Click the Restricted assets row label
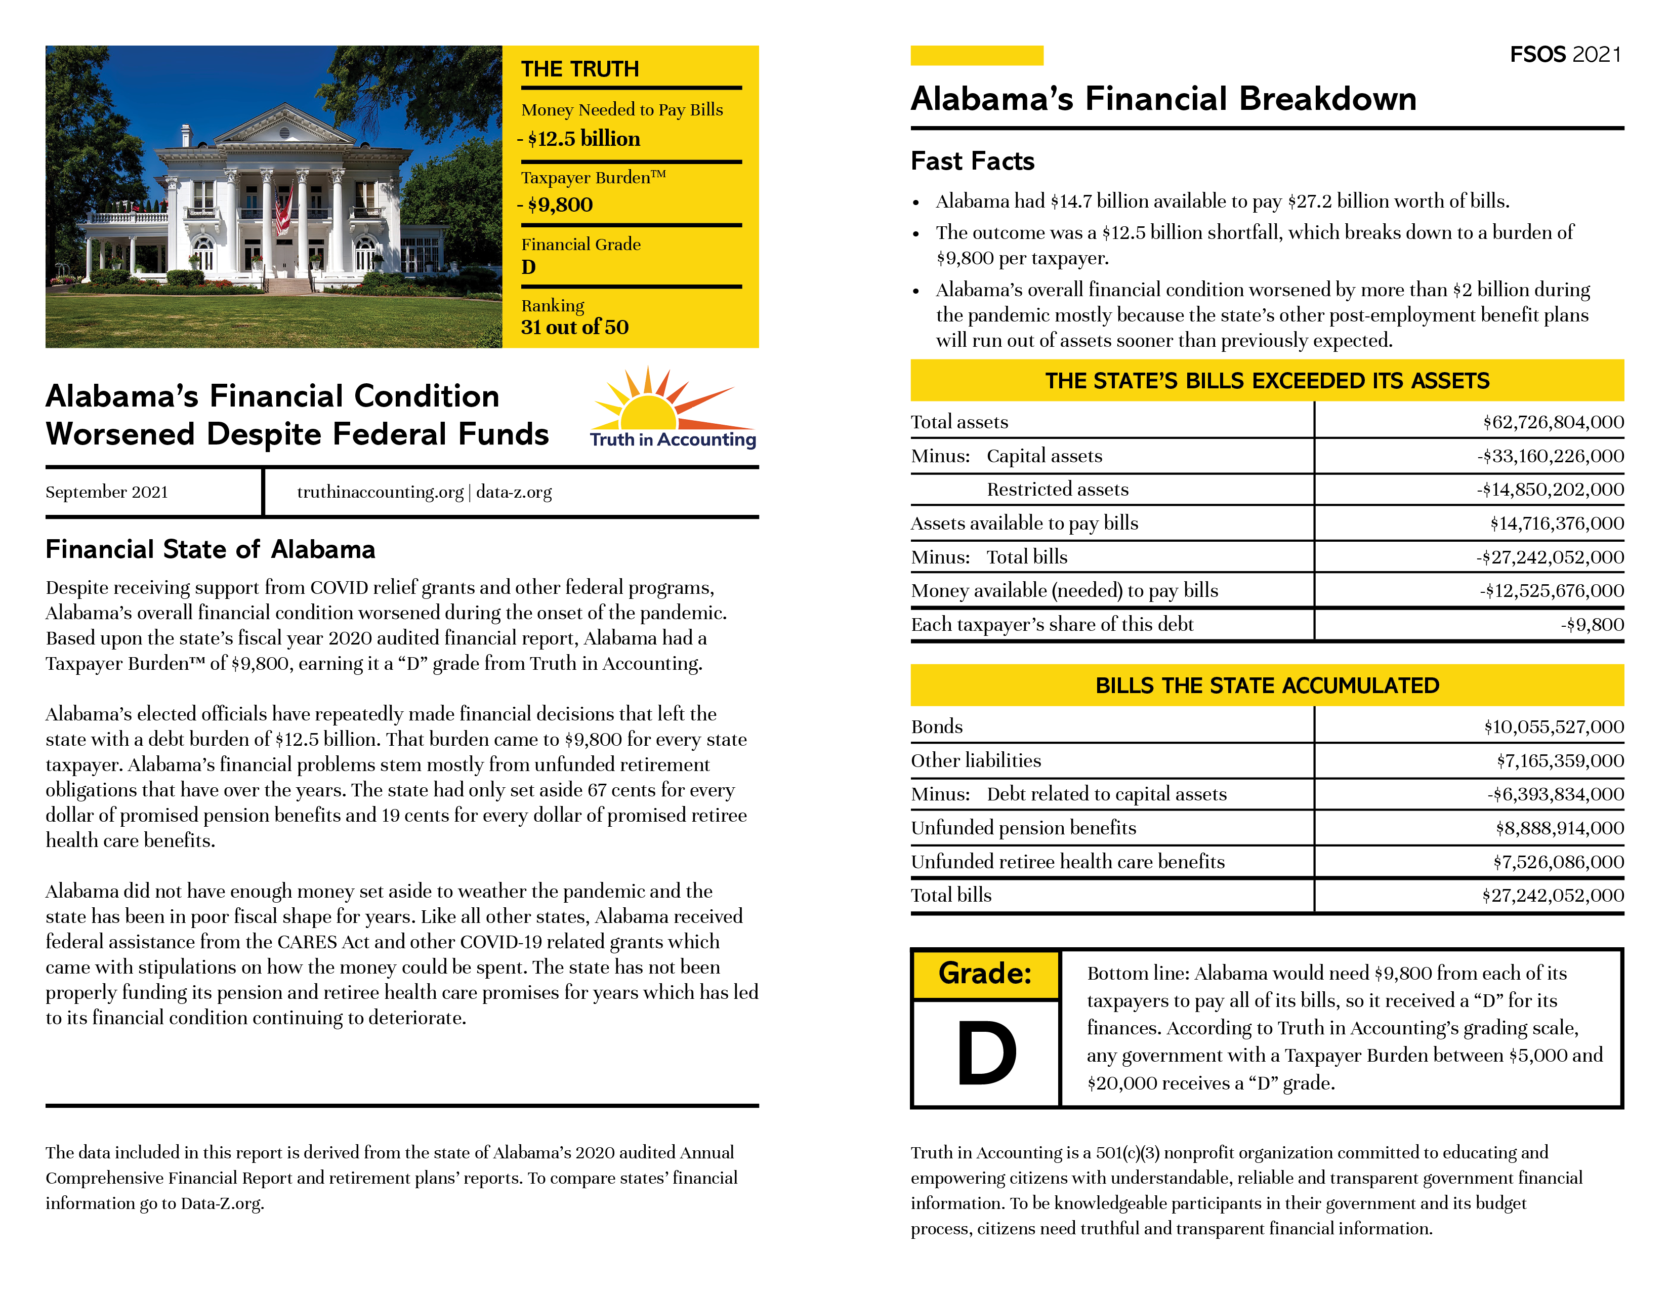tap(1058, 490)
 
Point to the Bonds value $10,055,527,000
tap(1554, 727)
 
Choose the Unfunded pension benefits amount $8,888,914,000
tap(1559, 828)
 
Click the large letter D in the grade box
tap(986, 1054)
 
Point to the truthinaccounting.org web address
tap(380, 492)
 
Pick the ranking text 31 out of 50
tap(574, 328)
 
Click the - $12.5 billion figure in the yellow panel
tap(579, 139)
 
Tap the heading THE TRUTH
tap(579, 69)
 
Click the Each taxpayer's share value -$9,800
tap(1592, 625)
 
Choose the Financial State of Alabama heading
tap(211, 549)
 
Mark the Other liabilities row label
tap(976, 760)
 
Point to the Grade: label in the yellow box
tap(985, 974)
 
